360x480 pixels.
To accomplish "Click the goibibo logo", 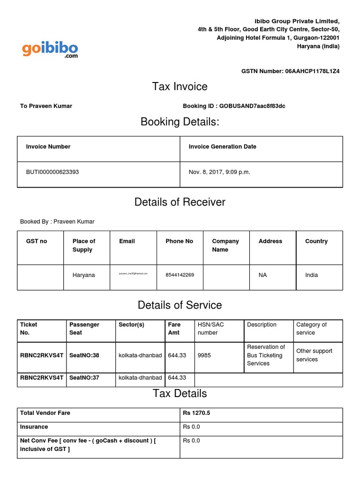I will click(x=50, y=49).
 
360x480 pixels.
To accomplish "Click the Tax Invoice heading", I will click(x=180, y=86).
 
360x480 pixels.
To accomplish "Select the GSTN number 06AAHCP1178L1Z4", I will click(x=312, y=71).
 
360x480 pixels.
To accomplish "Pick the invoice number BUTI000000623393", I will click(x=52, y=172).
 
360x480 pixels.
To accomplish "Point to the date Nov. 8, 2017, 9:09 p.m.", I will click(x=219, y=172).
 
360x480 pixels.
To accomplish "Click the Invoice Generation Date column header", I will click(x=222, y=147).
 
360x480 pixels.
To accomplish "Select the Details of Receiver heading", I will click(x=180, y=202).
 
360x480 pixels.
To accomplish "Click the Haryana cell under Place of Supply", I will click(x=83, y=275).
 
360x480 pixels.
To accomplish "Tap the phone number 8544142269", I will click(x=180, y=275).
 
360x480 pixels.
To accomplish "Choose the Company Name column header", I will click(x=225, y=245).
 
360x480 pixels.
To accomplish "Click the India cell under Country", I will click(x=311, y=275).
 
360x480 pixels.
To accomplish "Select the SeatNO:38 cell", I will click(x=84, y=355).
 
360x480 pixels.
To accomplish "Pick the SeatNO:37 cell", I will click(x=84, y=378).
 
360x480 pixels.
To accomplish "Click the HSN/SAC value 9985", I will click(x=204, y=355).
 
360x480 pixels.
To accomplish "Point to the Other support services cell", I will click(x=314, y=355).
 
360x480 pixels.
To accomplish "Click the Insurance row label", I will click(x=34, y=427).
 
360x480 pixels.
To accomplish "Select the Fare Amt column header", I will click(x=174, y=328).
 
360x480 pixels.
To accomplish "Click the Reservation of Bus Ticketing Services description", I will click(x=266, y=355).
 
